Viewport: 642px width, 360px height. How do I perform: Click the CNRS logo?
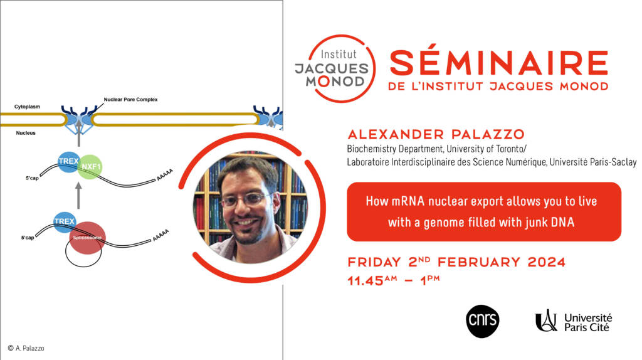[x=482, y=322]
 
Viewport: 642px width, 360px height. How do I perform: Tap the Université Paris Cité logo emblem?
[x=547, y=320]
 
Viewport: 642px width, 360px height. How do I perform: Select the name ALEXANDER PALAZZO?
[x=436, y=134]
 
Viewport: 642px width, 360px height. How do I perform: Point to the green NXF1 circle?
[x=90, y=167]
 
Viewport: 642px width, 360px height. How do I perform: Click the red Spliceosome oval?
[x=87, y=238]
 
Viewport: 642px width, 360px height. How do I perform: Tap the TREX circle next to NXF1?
[x=68, y=161]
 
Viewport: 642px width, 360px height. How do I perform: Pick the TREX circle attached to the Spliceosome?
[x=65, y=222]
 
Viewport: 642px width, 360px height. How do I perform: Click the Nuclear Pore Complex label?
[x=130, y=100]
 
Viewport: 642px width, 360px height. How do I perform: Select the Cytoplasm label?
[x=27, y=107]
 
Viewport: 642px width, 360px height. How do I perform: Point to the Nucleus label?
[x=26, y=133]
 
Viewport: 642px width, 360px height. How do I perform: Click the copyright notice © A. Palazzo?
[x=26, y=348]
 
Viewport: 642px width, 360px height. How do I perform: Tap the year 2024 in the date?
[x=546, y=262]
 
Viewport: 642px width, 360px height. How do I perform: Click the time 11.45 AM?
[x=372, y=280]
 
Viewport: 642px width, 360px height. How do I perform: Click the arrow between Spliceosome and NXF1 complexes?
[x=78, y=196]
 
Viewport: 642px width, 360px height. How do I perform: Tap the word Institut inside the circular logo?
[x=339, y=54]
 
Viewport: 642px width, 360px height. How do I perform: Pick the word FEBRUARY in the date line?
[x=478, y=262]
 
